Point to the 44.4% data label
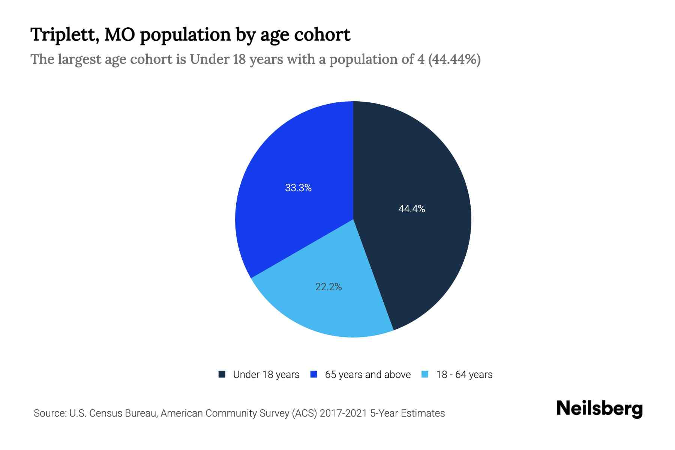[x=411, y=209]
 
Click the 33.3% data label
[x=298, y=188]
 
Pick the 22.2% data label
[x=328, y=287]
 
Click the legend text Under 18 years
[x=266, y=375]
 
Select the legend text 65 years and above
[x=367, y=375]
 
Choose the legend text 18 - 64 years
[x=464, y=375]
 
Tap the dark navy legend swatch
[x=222, y=374]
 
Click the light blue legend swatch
[x=425, y=374]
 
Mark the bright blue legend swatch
[x=314, y=374]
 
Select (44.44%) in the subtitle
[x=454, y=59]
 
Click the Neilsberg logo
[x=599, y=409]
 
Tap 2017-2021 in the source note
[x=343, y=413]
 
